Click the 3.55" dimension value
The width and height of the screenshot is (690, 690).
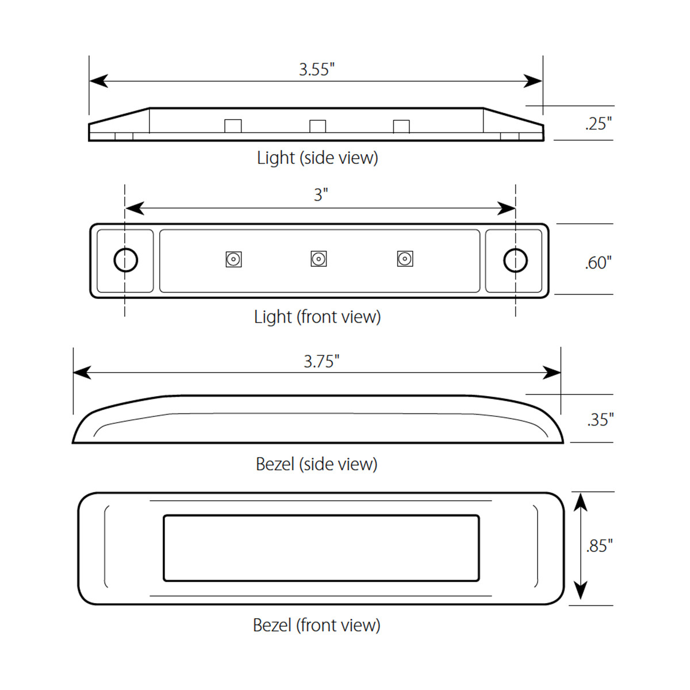[316, 70]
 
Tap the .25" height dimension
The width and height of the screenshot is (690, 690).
[598, 124]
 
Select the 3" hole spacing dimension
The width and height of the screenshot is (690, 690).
[320, 195]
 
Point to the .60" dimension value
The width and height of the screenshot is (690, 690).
[598, 263]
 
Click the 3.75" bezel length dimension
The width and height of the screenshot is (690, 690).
[321, 361]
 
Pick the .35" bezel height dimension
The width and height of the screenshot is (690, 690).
[600, 420]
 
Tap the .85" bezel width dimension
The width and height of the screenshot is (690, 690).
[599, 545]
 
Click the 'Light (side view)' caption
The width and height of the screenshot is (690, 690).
[317, 158]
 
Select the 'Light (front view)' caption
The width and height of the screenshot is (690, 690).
[317, 316]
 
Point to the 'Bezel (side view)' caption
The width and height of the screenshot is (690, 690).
[316, 464]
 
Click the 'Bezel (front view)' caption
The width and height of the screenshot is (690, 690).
[316, 625]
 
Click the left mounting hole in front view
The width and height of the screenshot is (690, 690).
[125, 260]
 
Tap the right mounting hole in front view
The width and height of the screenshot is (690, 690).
[515, 260]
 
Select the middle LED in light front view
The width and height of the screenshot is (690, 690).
[319, 259]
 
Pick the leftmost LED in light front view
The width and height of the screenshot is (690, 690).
[233, 259]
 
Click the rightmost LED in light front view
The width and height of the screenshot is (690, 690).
[405, 259]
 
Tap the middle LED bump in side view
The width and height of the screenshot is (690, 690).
[317, 126]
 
